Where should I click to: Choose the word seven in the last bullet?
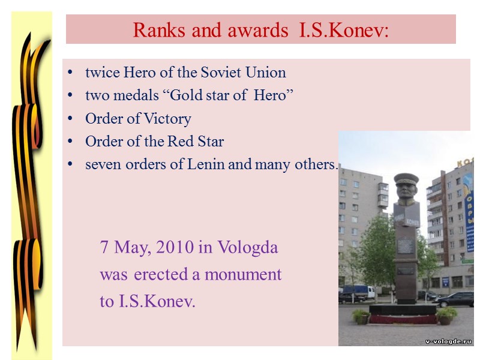(x=103, y=164)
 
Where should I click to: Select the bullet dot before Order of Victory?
(x=71, y=119)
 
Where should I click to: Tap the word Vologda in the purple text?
(x=248, y=247)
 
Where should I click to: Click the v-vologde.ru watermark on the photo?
(x=448, y=340)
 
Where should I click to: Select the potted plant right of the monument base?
(x=446, y=315)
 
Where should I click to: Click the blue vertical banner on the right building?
(x=469, y=210)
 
